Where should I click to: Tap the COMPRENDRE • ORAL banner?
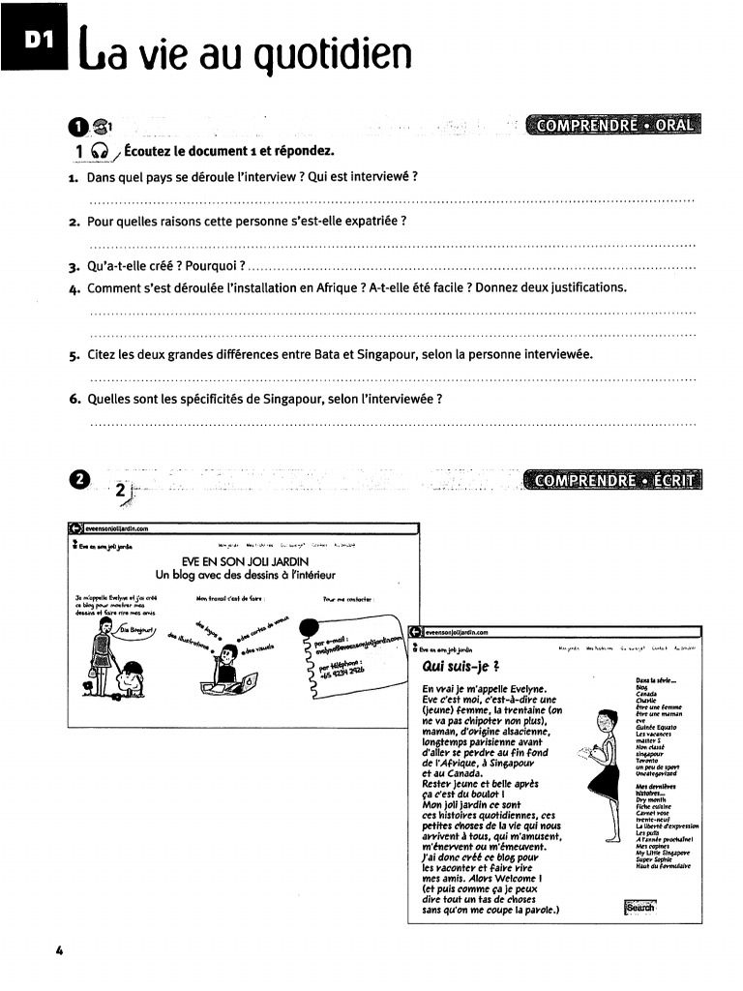[x=614, y=126]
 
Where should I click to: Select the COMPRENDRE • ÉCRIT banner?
[x=611, y=480]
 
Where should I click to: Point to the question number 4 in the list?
[x=74, y=287]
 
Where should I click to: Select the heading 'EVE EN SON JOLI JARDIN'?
[x=245, y=561]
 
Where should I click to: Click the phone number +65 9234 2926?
[x=334, y=665]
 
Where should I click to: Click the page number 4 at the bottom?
[x=60, y=950]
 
